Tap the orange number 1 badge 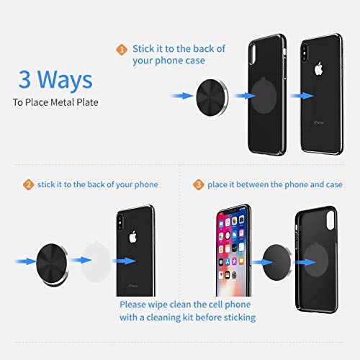(x=121, y=49)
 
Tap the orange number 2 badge (x=28, y=185)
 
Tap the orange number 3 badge (x=197, y=185)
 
